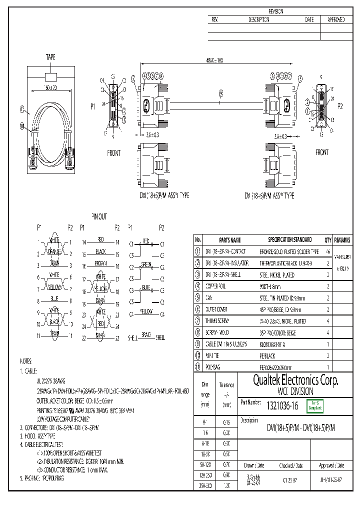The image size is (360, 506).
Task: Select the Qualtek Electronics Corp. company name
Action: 288,381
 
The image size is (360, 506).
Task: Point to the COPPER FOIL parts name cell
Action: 215,286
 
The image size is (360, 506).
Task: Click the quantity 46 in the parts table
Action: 328,251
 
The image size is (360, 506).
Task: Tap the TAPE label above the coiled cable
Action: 51,58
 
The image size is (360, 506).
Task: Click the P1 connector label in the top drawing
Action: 92,106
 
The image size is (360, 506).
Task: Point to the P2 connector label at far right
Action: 340,106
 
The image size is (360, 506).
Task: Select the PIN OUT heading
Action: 99,216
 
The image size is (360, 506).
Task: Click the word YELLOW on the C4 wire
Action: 146,312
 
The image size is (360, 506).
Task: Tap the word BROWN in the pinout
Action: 100,262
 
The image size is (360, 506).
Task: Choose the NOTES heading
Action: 26,360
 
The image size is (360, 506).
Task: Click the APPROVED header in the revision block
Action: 335,19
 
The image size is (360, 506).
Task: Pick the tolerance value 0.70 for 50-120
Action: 225,464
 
